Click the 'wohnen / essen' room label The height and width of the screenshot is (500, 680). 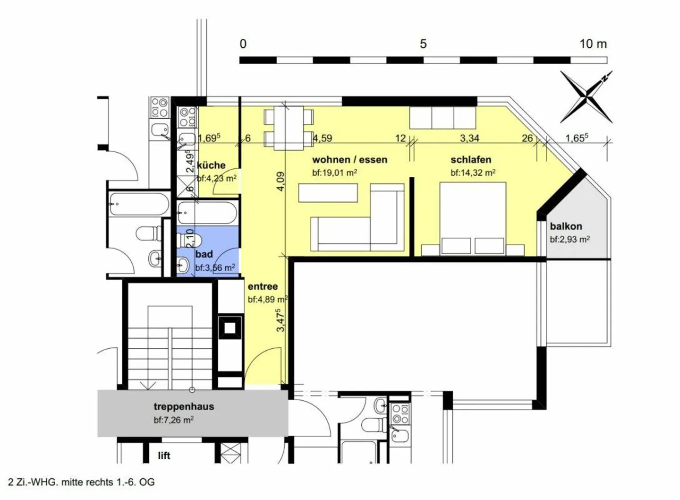350,160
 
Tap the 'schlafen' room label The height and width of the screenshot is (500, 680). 471,160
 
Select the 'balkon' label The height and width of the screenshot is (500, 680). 566,226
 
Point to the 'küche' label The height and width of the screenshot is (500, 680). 211,165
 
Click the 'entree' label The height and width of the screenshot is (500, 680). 263,286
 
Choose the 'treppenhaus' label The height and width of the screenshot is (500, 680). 184,406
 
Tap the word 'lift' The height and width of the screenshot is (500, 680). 164,456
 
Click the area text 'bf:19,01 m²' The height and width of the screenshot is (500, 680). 334,173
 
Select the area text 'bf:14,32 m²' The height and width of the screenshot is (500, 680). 473,173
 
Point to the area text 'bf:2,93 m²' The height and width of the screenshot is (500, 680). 570,240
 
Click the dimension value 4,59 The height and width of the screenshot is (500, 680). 323,138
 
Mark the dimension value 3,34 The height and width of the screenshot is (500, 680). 469,138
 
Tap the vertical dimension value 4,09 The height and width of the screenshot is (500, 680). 281,181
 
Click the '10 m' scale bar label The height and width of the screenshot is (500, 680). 593,44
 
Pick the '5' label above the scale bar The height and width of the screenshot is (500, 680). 423,44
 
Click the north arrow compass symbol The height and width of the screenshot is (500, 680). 586,97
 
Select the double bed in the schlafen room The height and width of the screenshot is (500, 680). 473,218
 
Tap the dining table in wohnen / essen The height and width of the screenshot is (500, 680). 289,128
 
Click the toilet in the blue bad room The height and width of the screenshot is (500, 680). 189,240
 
